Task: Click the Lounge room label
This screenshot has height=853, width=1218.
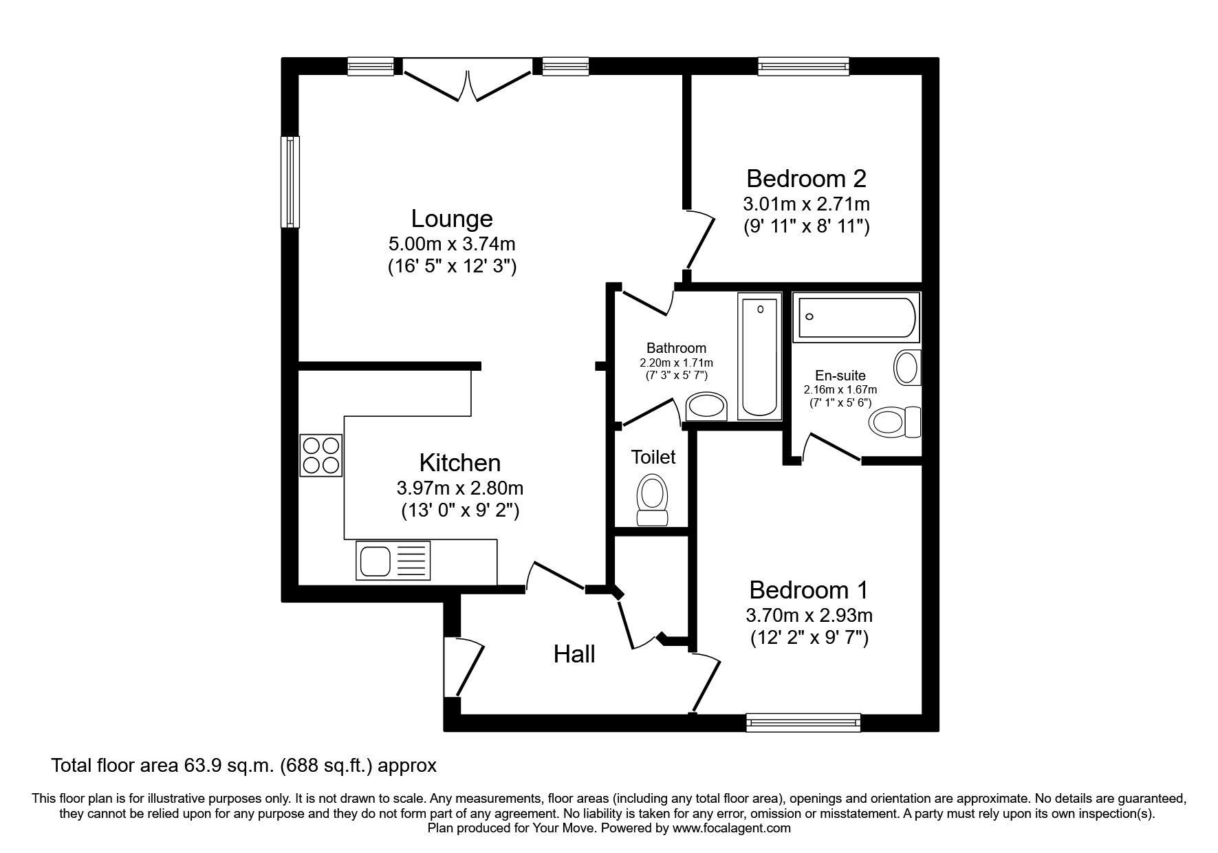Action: pos(452,219)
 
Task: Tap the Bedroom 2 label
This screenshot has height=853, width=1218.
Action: pos(806,179)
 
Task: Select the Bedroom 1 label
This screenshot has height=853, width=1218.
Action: pos(809,590)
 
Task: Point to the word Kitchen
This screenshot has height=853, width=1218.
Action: pos(460,462)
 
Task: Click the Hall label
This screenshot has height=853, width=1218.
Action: pos(574,654)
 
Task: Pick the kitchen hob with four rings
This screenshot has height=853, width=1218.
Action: pos(321,455)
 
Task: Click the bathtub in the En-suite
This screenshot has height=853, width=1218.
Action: pos(856,317)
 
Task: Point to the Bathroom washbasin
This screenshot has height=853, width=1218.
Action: pos(708,407)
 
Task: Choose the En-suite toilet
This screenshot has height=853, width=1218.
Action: pos(895,422)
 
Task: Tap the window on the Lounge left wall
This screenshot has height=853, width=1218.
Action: pos(291,182)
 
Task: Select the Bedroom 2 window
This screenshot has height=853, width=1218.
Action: pos(803,67)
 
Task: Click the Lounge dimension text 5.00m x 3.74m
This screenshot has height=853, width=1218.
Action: pos(452,244)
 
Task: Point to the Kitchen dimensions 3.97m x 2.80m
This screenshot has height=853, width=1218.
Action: pos(460,488)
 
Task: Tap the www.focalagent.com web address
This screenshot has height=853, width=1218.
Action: pos(732,828)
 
